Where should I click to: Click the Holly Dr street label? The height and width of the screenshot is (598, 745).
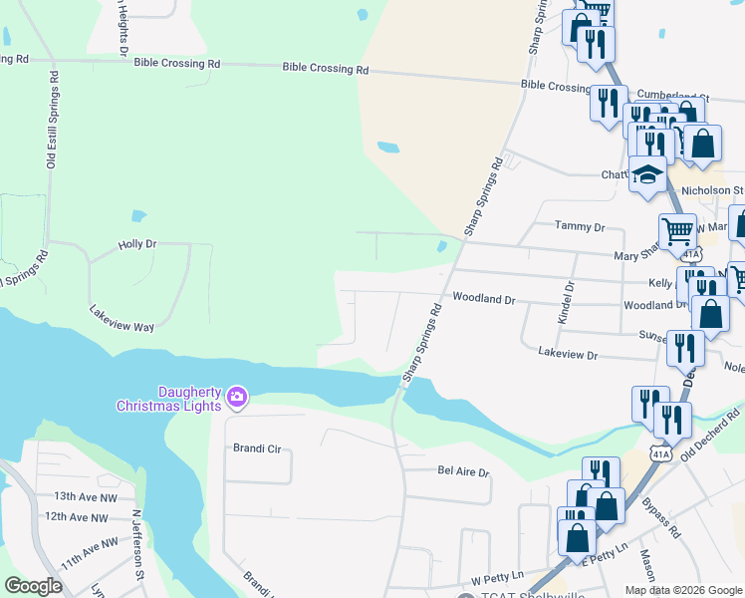click(x=137, y=243)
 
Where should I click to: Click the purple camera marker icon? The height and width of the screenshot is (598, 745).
click(x=236, y=398)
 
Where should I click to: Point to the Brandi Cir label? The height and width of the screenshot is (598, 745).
click(x=257, y=448)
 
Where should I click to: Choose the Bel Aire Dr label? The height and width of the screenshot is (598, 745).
click(x=464, y=471)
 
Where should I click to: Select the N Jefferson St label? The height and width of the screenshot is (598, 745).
click(x=138, y=545)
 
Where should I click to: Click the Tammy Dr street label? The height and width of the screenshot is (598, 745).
click(x=580, y=227)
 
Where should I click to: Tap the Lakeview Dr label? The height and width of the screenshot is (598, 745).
click(x=567, y=354)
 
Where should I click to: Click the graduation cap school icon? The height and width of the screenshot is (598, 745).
click(x=648, y=175)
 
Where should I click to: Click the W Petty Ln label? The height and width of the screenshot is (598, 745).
click(x=489, y=579)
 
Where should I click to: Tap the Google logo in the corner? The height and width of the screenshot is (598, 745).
click(x=33, y=586)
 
